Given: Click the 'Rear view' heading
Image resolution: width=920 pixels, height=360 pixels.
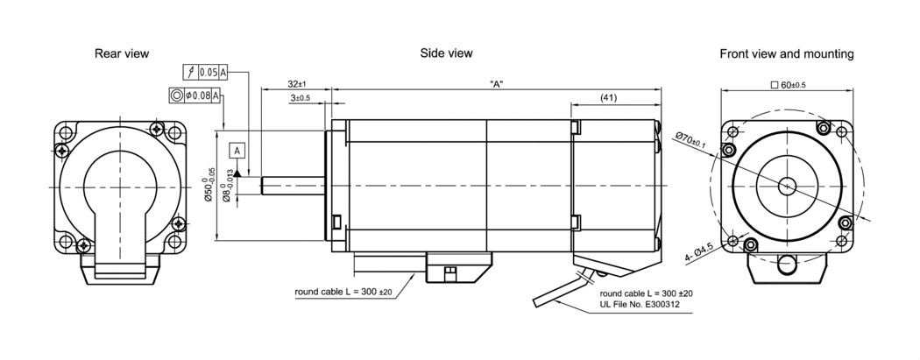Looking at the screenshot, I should click(x=121, y=54).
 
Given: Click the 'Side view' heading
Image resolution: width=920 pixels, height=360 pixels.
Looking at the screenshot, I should click(x=446, y=53).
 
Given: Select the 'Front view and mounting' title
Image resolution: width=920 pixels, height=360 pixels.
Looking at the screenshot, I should click(x=786, y=54).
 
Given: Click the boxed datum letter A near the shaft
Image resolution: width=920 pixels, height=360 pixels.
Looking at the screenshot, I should click(x=237, y=151).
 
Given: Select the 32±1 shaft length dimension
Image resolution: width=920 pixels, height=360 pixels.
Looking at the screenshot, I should click(x=295, y=83).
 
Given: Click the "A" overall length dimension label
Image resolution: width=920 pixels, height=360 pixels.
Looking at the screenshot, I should click(x=496, y=83).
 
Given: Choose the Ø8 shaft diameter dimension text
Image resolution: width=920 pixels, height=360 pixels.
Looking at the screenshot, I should click(x=227, y=187).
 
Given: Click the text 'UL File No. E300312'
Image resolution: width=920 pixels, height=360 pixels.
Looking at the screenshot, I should click(x=640, y=305).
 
